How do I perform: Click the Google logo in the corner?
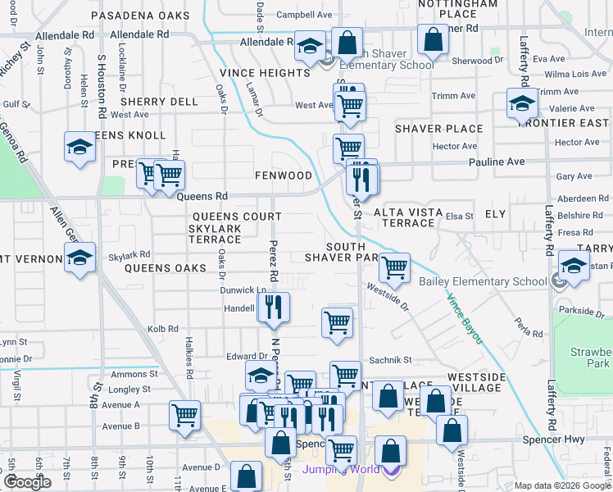(27, 482)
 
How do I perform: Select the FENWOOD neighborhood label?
(284, 175)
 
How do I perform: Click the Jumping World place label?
(341, 470)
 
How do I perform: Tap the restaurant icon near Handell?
(274, 307)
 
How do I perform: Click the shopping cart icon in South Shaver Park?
(395, 266)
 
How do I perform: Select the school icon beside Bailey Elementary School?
(574, 266)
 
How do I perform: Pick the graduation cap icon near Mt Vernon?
(79, 258)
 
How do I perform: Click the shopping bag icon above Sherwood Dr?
(432, 39)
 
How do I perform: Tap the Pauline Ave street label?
(496, 162)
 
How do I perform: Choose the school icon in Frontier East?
(520, 103)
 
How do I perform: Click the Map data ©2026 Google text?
(563, 485)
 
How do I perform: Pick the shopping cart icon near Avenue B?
(184, 414)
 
